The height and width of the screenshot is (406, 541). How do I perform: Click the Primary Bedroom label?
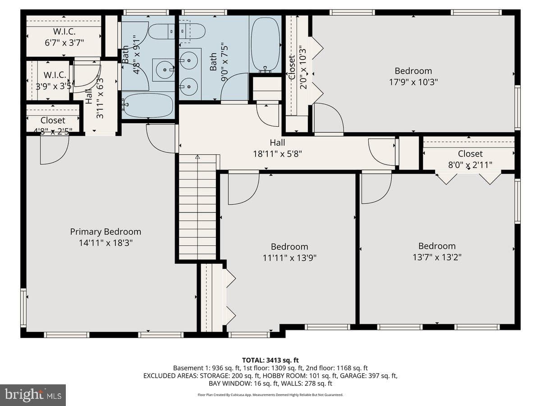[x=105, y=232]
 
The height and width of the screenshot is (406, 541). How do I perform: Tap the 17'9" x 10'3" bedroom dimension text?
[x=413, y=82]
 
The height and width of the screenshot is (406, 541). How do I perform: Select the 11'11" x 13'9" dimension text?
[x=289, y=258]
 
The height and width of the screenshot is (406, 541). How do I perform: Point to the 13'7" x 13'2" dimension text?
[x=437, y=257]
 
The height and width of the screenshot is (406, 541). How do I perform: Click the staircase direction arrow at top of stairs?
[x=197, y=157]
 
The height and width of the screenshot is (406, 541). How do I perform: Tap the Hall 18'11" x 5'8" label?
[x=278, y=148]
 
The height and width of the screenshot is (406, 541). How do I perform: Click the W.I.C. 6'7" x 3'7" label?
[x=64, y=37]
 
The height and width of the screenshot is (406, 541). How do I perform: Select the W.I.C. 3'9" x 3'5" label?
[x=55, y=81]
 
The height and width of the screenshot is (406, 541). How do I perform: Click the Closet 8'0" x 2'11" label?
[x=470, y=159]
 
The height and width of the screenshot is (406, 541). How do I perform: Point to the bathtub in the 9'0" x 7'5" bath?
[x=266, y=45]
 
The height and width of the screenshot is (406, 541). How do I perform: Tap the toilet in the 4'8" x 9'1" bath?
[x=162, y=31]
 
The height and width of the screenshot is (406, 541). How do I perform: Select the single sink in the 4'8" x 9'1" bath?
[x=165, y=70]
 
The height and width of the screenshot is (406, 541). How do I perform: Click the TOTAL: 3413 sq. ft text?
[x=270, y=360]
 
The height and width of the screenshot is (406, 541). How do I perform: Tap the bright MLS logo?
[x=33, y=395]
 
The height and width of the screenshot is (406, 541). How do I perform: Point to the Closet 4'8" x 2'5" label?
[x=53, y=126]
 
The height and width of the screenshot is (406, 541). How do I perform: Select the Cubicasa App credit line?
[x=270, y=395]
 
